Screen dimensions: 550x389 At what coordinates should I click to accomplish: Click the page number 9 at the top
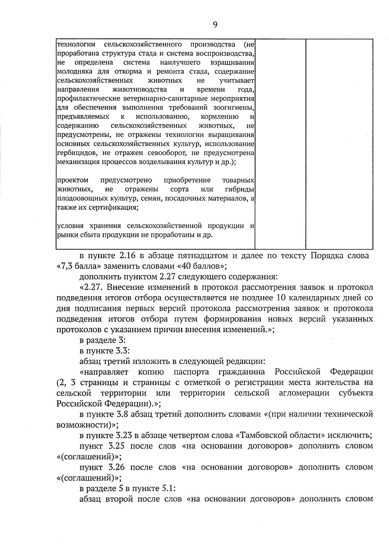click(x=215, y=25)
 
